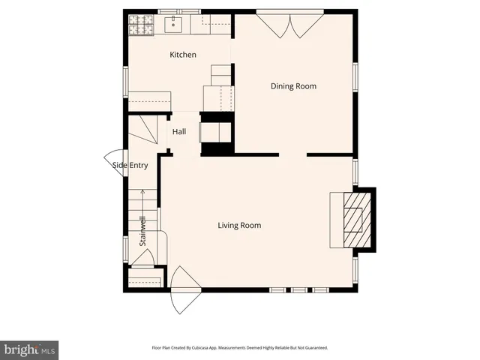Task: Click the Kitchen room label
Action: (x=183, y=55)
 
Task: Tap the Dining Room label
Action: (x=293, y=86)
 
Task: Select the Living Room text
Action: (x=239, y=225)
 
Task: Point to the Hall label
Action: (x=179, y=132)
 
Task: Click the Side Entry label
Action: (x=130, y=166)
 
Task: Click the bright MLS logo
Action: (x=29, y=349)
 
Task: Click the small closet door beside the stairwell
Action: (x=142, y=257)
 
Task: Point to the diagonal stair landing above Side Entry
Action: (x=143, y=132)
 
